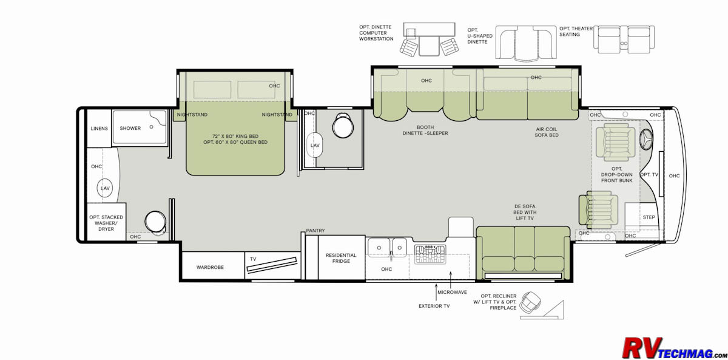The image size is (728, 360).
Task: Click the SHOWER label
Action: point(130,129)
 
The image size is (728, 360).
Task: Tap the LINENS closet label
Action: point(99,129)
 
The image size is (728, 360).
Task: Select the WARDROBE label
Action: point(210,267)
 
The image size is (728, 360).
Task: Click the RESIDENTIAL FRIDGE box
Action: point(341,257)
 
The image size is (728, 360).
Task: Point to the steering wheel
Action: point(646,140)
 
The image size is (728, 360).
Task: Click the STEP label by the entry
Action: point(649,217)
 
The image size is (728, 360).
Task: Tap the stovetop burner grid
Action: point(430,254)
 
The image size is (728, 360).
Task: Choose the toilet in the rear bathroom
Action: point(156,222)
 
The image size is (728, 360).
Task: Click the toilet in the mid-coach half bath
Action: point(343,125)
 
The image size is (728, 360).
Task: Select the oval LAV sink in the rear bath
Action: point(105,188)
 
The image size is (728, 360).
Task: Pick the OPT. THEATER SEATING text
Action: point(576,32)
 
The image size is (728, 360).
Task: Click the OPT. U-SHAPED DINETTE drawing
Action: point(526,43)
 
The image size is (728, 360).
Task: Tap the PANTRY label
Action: point(315,231)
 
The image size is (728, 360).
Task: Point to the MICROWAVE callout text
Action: point(452,293)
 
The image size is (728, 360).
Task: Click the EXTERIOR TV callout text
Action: point(434,306)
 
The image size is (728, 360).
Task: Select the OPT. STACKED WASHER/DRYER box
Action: point(106,222)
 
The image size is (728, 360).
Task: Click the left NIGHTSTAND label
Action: point(192,115)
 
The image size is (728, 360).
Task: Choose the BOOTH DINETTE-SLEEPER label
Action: point(425,130)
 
